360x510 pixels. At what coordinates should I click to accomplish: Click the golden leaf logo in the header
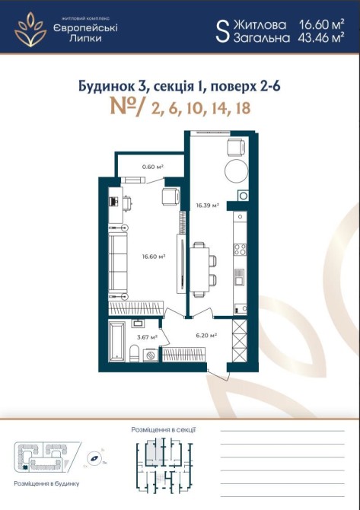click(x=30, y=30)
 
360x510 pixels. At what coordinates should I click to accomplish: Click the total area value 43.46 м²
click(x=321, y=38)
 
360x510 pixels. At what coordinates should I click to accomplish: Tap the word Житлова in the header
click(x=260, y=24)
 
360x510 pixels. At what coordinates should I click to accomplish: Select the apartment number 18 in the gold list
click(x=244, y=107)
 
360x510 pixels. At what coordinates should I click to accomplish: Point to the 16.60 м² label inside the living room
click(x=154, y=257)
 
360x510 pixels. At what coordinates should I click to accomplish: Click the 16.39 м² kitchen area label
click(x=207, y=206)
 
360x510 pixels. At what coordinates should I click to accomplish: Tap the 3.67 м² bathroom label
click(x=148, y=337)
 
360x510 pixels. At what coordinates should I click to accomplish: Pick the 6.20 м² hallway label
click(x=206, y=335)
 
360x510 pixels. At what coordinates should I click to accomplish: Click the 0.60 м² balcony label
click(x=152, y=167)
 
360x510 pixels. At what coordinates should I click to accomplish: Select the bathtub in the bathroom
click(x=116, y=342)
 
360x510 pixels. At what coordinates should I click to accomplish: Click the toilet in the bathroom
click(x=134, y=353)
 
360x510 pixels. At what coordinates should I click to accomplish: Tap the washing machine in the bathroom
click(x=151, y=355)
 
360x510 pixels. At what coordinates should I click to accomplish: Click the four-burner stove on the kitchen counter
click(x=240, y=250)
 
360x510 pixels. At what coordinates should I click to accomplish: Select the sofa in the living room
click(x=117, y=262)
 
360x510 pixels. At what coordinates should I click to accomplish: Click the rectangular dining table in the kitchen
click(x=199, y=269)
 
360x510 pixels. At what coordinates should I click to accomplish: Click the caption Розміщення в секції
click(x=163, y=430)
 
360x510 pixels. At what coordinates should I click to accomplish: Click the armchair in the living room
click(x=171, y=196)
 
